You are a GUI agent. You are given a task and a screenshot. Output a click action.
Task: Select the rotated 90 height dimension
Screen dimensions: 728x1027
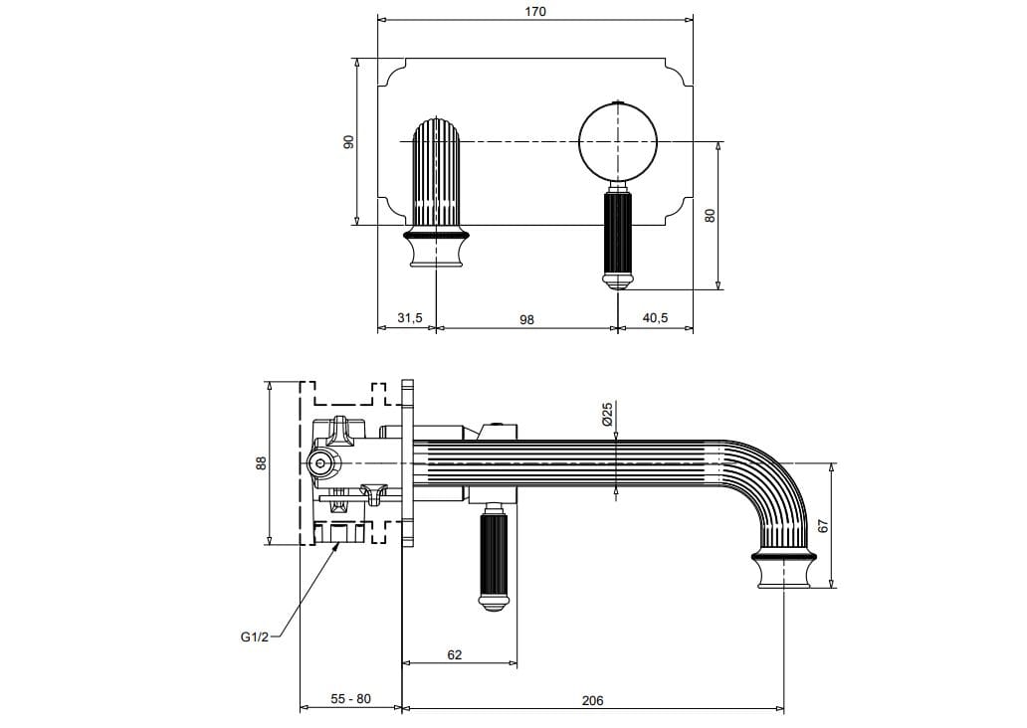coord(348,141)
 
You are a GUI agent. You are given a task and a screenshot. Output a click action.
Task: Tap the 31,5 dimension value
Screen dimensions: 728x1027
coord(410,318)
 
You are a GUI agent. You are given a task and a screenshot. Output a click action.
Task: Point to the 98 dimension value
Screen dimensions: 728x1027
coord(527,319)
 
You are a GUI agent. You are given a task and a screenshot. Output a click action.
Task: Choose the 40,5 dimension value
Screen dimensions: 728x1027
coord(655,318)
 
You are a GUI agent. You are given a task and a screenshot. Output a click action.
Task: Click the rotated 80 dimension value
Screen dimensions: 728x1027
coord(711,214)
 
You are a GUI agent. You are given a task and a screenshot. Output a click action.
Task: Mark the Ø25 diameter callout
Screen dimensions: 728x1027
coord(607,415)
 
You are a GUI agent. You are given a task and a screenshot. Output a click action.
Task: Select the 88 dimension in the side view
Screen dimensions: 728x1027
coord(262,462)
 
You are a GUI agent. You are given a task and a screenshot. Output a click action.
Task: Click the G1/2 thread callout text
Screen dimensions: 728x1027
coord(255,637)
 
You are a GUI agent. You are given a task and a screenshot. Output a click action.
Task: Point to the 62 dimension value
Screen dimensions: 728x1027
coord(455,655)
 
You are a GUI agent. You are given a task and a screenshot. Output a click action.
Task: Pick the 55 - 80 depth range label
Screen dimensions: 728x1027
coord(350,699)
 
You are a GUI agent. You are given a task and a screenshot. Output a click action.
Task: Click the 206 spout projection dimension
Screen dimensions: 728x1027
coord(592,700)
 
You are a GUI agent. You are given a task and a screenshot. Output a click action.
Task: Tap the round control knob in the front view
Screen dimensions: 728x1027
coord(618,141)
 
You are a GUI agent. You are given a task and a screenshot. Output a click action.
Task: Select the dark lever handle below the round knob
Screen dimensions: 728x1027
coord(618,239)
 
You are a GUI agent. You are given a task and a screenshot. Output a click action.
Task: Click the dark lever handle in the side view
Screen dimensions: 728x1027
coord(495,558)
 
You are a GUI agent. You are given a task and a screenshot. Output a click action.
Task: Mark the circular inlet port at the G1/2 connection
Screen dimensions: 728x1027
coord(320,462)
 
